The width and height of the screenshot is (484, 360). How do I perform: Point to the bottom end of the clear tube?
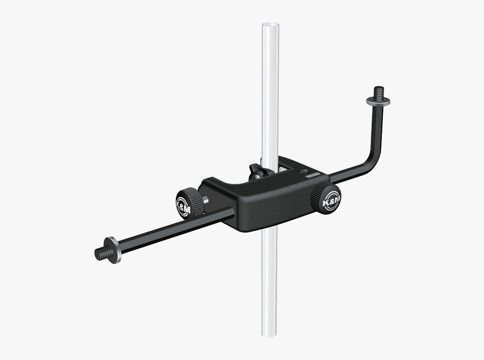point(270,334)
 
